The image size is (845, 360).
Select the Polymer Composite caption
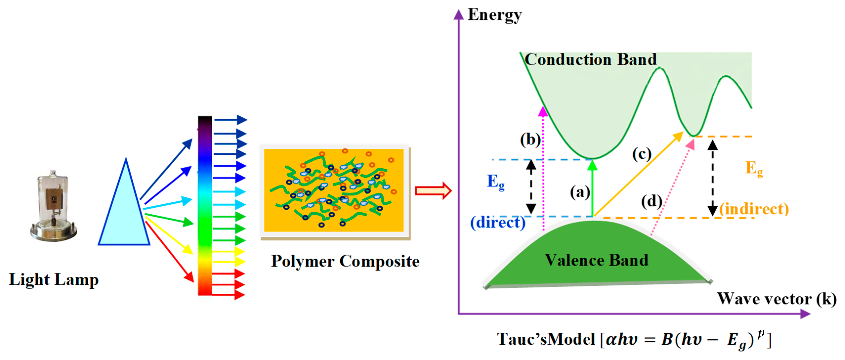(x=345, y=262)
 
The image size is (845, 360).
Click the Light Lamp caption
(x=53, y=280)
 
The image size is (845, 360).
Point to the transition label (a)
(x=580, y=192)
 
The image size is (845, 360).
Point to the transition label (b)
(x=530, y=140)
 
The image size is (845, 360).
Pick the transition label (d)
(x=651, y=201)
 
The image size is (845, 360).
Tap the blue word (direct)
(x=498, y=222)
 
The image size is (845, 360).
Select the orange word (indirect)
(x=754, y=209)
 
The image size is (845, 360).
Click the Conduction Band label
(x=590, y=60)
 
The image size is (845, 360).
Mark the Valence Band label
(x=596, y=260)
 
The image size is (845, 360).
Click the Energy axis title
(x=494, y=15)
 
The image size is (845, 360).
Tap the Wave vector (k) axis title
(x=776, y=299)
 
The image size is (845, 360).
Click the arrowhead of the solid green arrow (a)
(x=592, y=165)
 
